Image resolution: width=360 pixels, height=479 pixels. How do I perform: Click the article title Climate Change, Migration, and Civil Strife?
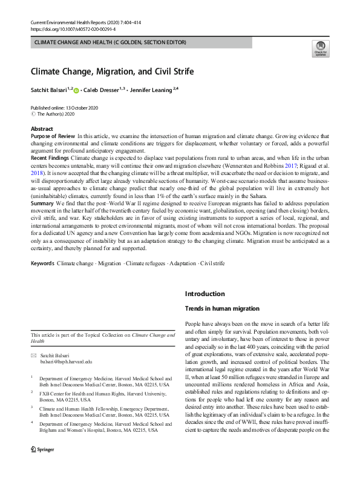pyautogui.click(x=113, y=71)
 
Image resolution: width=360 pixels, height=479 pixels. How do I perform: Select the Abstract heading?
pyautogui.click(x=42, y=130)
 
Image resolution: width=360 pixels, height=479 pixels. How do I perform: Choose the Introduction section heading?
pyautogui.click(x=205, y=294)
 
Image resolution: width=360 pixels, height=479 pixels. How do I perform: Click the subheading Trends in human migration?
pyautogui.click(x=221, y=309)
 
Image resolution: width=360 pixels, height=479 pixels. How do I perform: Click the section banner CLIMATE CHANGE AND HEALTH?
pyautogui.click(x=110, y=42)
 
